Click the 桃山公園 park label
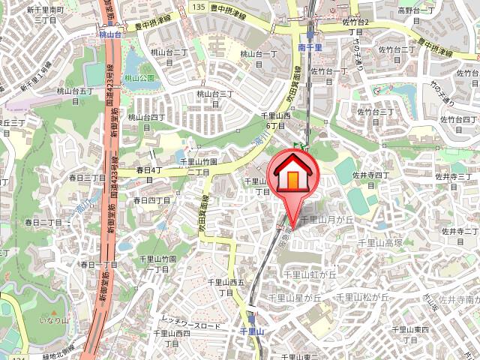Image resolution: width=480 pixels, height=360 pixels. click(139, 77)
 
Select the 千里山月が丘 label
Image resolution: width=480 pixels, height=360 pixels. click(326, 219)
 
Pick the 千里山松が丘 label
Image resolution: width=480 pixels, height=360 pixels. click(362, 297)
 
